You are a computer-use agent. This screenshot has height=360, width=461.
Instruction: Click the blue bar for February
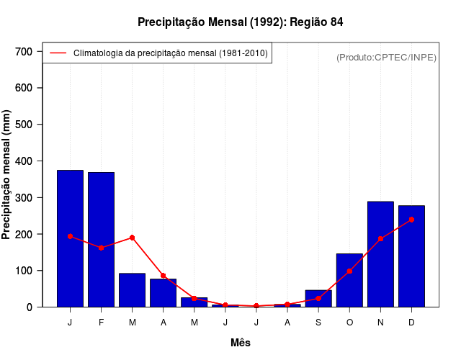tap(101, 240)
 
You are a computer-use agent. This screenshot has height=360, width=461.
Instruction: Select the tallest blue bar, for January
tap(70, 238)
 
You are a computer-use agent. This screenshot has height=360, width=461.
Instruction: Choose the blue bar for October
tap(349, 280)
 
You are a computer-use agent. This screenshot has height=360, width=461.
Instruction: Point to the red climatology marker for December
tap(411, 220)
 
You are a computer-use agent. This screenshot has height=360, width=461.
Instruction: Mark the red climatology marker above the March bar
tap(133, 238)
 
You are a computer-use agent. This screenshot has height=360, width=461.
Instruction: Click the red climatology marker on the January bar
tap(70, 236)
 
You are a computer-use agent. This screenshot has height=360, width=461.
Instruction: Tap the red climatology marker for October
tap(349, 271)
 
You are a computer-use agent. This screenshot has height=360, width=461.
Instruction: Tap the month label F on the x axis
tap(101, 323)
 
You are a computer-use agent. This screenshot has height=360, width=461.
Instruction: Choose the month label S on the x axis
tap(318, 323)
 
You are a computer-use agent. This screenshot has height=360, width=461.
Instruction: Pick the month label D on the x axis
tap(411, 323)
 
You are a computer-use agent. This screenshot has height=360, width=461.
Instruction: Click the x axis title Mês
tap(241, 343)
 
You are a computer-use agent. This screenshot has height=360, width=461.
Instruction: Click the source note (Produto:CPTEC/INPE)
tap(386, 58)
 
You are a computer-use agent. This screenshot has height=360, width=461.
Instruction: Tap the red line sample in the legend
tap(58, 53)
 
